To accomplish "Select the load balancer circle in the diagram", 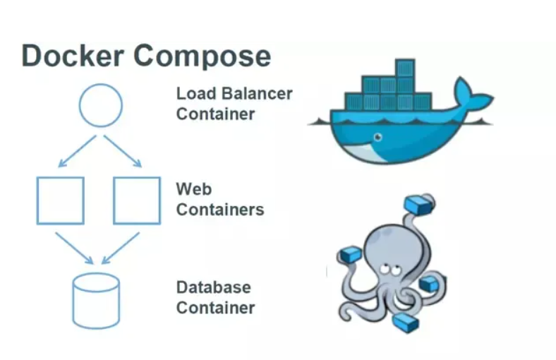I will [x=101, y=105].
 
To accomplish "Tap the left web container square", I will [x=61, y=200].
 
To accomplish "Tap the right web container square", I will [x=137, y=200].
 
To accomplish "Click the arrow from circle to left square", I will [x=77, y=151].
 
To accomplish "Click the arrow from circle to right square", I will [x=123, y=151].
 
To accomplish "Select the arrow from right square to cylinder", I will [x=120, y=247].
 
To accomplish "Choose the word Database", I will [x=213, y=287].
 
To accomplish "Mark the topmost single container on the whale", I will [x=405, y=69].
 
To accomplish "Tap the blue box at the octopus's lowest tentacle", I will [x=406, y=323].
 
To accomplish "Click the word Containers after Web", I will [x=220, y=210].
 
